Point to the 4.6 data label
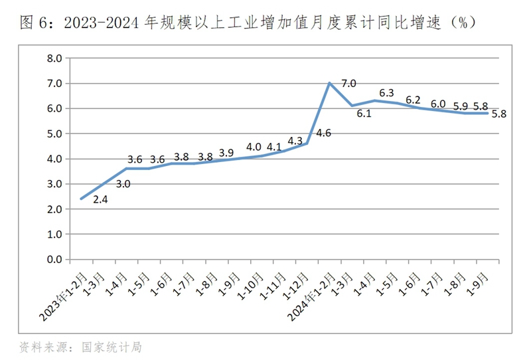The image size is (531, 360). coord(323,133)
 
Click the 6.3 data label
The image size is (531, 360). coord(386,93)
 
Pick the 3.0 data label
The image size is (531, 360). coord(123,184)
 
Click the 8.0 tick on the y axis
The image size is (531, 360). coord(54,58)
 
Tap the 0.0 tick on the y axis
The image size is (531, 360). coord(54,260)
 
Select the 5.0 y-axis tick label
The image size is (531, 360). coord(54,134)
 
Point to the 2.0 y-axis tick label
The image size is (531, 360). coord(54,209)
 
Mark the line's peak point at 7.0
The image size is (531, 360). coord(330,83)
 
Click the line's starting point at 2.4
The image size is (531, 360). coord(81,199)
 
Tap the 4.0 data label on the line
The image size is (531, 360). coord(254,147)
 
